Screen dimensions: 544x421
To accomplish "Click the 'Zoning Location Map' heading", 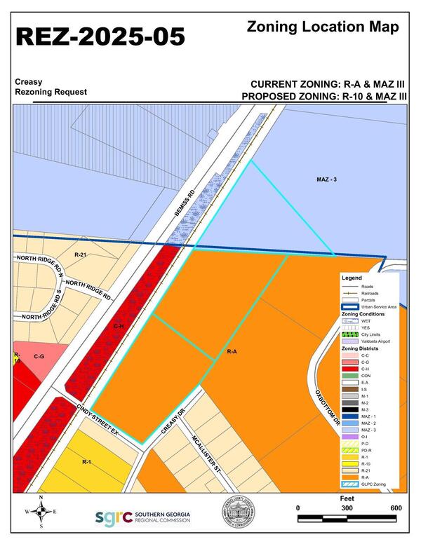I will coord(323,27).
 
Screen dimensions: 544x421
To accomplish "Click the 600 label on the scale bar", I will coord(396,508).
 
